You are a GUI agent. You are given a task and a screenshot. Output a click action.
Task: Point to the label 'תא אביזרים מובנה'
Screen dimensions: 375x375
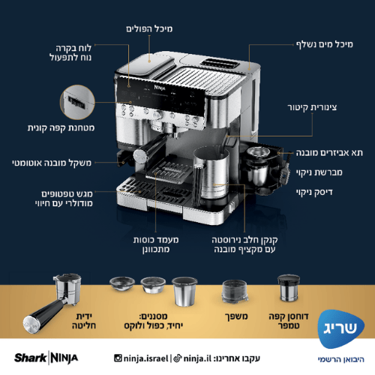pos(328,152)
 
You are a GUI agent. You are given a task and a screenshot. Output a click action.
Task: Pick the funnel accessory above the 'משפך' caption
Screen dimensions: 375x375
pos(235,292)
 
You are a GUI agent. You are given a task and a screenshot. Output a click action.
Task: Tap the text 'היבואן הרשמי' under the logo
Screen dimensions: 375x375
pos(335,358)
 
